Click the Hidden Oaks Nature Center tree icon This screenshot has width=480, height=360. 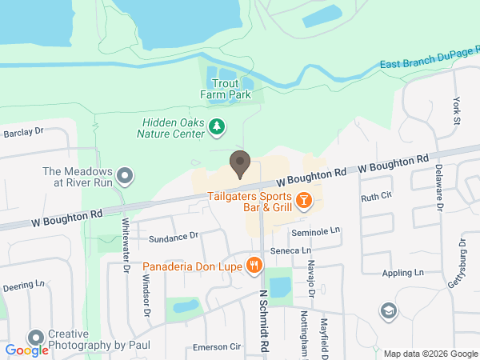click(216, 126)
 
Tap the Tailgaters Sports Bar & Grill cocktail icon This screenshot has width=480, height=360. click(303, 200)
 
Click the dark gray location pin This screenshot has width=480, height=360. click(239, 164)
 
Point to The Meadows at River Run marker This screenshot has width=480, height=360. click(124, 175)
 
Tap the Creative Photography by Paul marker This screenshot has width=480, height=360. click(35, 338)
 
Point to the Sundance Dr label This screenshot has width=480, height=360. click(173, 237)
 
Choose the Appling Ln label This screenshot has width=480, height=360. click(402, 273)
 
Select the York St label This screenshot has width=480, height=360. click(457, 111)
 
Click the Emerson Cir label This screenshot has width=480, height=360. click(217, 347)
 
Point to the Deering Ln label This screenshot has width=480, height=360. click(23, 285)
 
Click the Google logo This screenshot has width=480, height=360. click(26, 350)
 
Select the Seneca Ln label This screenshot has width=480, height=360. click(290, 250)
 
